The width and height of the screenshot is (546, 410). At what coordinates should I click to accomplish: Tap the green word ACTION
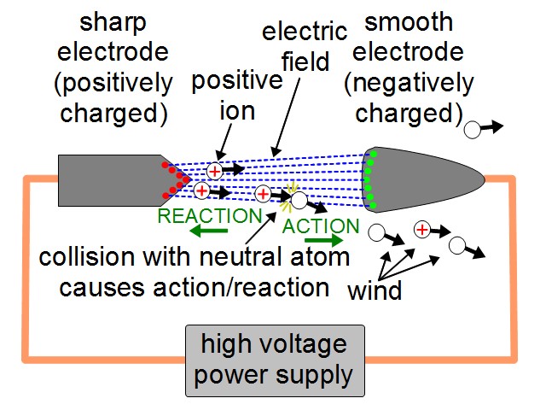[x=321, y=226]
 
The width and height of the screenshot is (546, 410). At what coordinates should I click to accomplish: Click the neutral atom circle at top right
[x=472, y=130]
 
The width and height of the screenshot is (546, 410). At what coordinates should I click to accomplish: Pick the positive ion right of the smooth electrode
[x=421, y=228]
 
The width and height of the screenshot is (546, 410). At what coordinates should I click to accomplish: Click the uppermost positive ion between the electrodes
[x=217, y=169]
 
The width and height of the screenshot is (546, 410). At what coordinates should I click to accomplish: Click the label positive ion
[x=236, y=96]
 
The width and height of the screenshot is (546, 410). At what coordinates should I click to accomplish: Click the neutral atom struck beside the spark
[x=299, y=201]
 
